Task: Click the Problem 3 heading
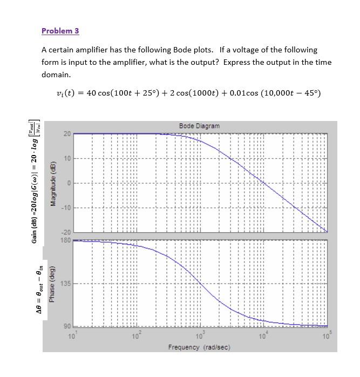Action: tap(60, 31)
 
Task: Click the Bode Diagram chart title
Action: tap(199, 126)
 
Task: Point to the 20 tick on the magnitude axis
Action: tap(67, 133)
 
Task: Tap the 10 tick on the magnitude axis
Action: tap(67, 158)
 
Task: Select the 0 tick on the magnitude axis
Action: tap(69, 183)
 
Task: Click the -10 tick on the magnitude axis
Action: tap(66, 208)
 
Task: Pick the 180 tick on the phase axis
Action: tap(65, 240)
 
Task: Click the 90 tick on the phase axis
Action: tap(67, 326)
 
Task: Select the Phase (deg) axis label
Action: tap(53, 283)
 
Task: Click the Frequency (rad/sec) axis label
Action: tap(199, 347)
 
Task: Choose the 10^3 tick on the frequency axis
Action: tap(199, 337)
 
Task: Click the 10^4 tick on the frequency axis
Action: tap(262, 337)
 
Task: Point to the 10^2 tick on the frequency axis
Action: tap(135, 337)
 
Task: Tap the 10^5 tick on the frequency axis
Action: tap(325, 337)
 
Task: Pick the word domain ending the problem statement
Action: tap(56, 75)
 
